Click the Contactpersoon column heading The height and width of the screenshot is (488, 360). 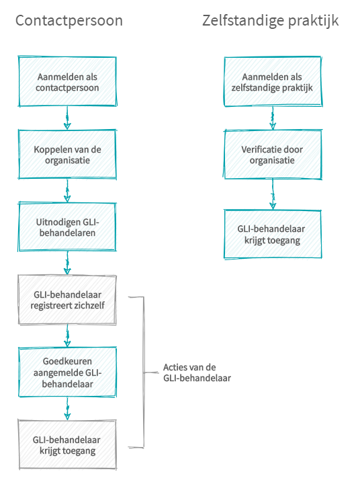click(69, 21)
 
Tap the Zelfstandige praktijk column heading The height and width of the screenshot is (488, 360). click(271, 21)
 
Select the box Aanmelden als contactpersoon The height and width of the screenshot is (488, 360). click(67, 81)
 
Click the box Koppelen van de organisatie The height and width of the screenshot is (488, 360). click(67, 155)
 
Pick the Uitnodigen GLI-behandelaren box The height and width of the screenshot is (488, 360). click(67, 227)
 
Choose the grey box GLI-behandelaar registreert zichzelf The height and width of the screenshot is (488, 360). click(67, 300)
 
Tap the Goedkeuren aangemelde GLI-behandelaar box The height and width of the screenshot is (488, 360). click(67, 372)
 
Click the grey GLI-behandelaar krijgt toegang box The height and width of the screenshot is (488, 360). click(67, 445)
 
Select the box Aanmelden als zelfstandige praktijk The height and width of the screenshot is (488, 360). click(273, 81)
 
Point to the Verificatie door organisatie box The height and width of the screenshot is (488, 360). click(273, 155)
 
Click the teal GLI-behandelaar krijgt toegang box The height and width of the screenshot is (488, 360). click(273, 235)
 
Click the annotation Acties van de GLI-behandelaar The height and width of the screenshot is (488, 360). click(197, 372)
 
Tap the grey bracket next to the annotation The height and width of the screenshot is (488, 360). click(144, 372)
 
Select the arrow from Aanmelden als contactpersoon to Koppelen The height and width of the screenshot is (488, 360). click(67, 118)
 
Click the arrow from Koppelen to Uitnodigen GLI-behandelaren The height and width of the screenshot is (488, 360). click(67, 191)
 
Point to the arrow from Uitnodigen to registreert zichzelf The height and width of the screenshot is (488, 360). click(67, 263)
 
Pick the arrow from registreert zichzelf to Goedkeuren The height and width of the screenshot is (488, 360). click(67, 336)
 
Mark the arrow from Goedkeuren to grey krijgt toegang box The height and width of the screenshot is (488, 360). click(67, 409)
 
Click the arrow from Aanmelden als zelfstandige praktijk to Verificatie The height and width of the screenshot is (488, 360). click(273, 118)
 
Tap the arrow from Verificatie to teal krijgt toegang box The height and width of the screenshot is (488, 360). click(273, 194)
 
